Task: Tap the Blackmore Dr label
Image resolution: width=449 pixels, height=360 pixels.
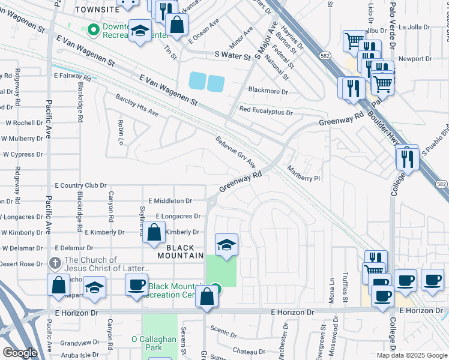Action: (264, 92)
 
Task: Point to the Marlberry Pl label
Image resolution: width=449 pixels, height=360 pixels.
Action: (304, 173)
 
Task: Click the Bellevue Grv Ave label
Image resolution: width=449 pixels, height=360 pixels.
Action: (236, 152)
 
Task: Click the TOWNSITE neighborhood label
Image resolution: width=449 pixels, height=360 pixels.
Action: (98, 10)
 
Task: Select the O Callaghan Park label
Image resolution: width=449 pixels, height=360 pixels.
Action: (154, 343)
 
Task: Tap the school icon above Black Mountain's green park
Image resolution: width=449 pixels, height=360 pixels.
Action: (226, 244)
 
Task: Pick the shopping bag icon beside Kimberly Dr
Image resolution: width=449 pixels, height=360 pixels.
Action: (154, 232)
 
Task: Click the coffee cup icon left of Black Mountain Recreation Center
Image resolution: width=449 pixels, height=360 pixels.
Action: (137, 284)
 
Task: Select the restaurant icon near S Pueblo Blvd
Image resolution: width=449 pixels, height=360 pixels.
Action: (406, 158)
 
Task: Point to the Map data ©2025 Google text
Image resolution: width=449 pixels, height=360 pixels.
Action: (411, 355)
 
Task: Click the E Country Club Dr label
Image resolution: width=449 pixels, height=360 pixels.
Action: (80, 186)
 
